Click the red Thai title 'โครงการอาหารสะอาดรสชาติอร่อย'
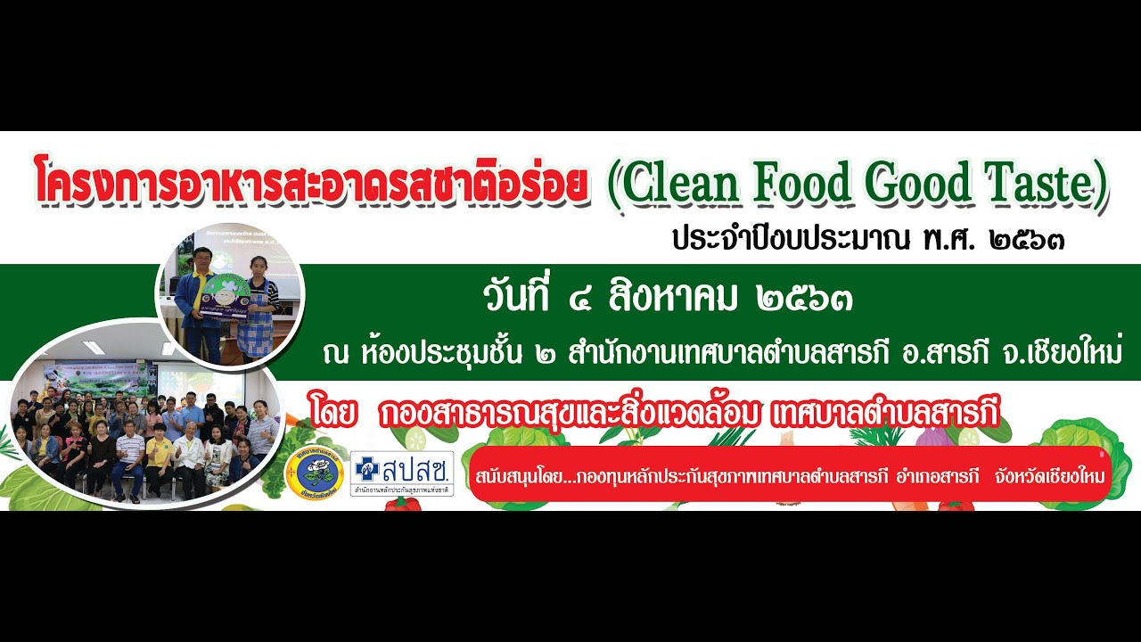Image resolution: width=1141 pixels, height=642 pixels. pos(311,183)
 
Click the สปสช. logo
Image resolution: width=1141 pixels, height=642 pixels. pos(402,473)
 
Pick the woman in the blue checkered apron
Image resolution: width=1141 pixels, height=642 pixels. pos(261,308)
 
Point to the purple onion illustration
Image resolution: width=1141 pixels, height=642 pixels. pos(931,438)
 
